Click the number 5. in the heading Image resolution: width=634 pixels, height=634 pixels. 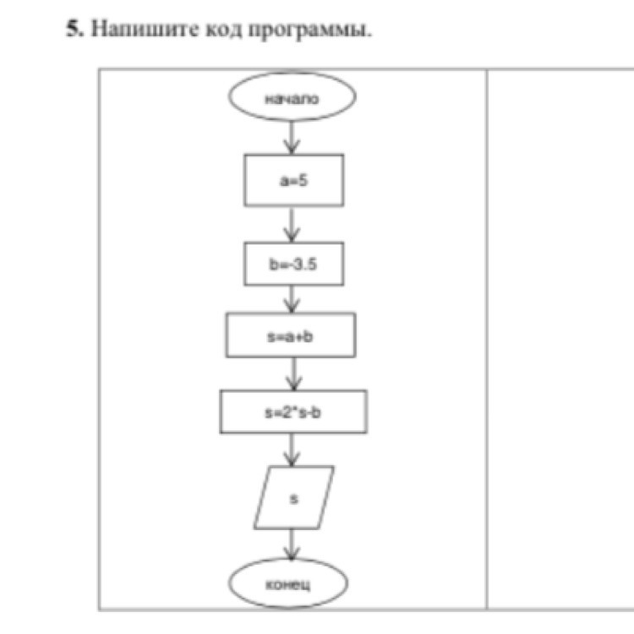tap(74, 30)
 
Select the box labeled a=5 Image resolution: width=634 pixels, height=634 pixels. tap(293, 180)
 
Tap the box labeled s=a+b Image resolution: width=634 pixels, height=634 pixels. tap(292, 335)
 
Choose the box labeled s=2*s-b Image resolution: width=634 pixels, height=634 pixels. tap(293, 411)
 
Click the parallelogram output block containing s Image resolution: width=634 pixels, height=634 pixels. tap(293, 498)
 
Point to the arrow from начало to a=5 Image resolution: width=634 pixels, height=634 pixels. tap(292, 137)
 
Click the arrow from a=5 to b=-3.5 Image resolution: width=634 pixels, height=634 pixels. tap(292, 224)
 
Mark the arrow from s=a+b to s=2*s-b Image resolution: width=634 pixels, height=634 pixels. tap(292, 373)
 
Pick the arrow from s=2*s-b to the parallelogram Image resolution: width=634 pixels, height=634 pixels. tap(292, 449)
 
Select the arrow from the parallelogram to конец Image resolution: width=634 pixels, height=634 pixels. tap(292, 545)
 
